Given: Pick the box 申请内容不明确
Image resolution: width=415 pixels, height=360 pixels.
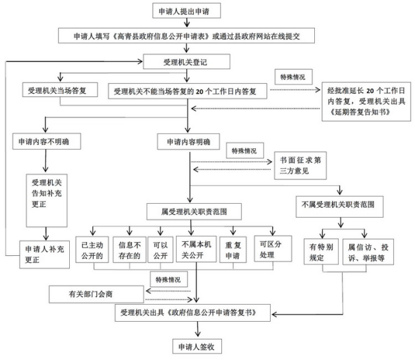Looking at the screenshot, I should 45,141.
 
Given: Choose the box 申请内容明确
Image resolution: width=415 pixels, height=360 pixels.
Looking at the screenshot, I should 189,141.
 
